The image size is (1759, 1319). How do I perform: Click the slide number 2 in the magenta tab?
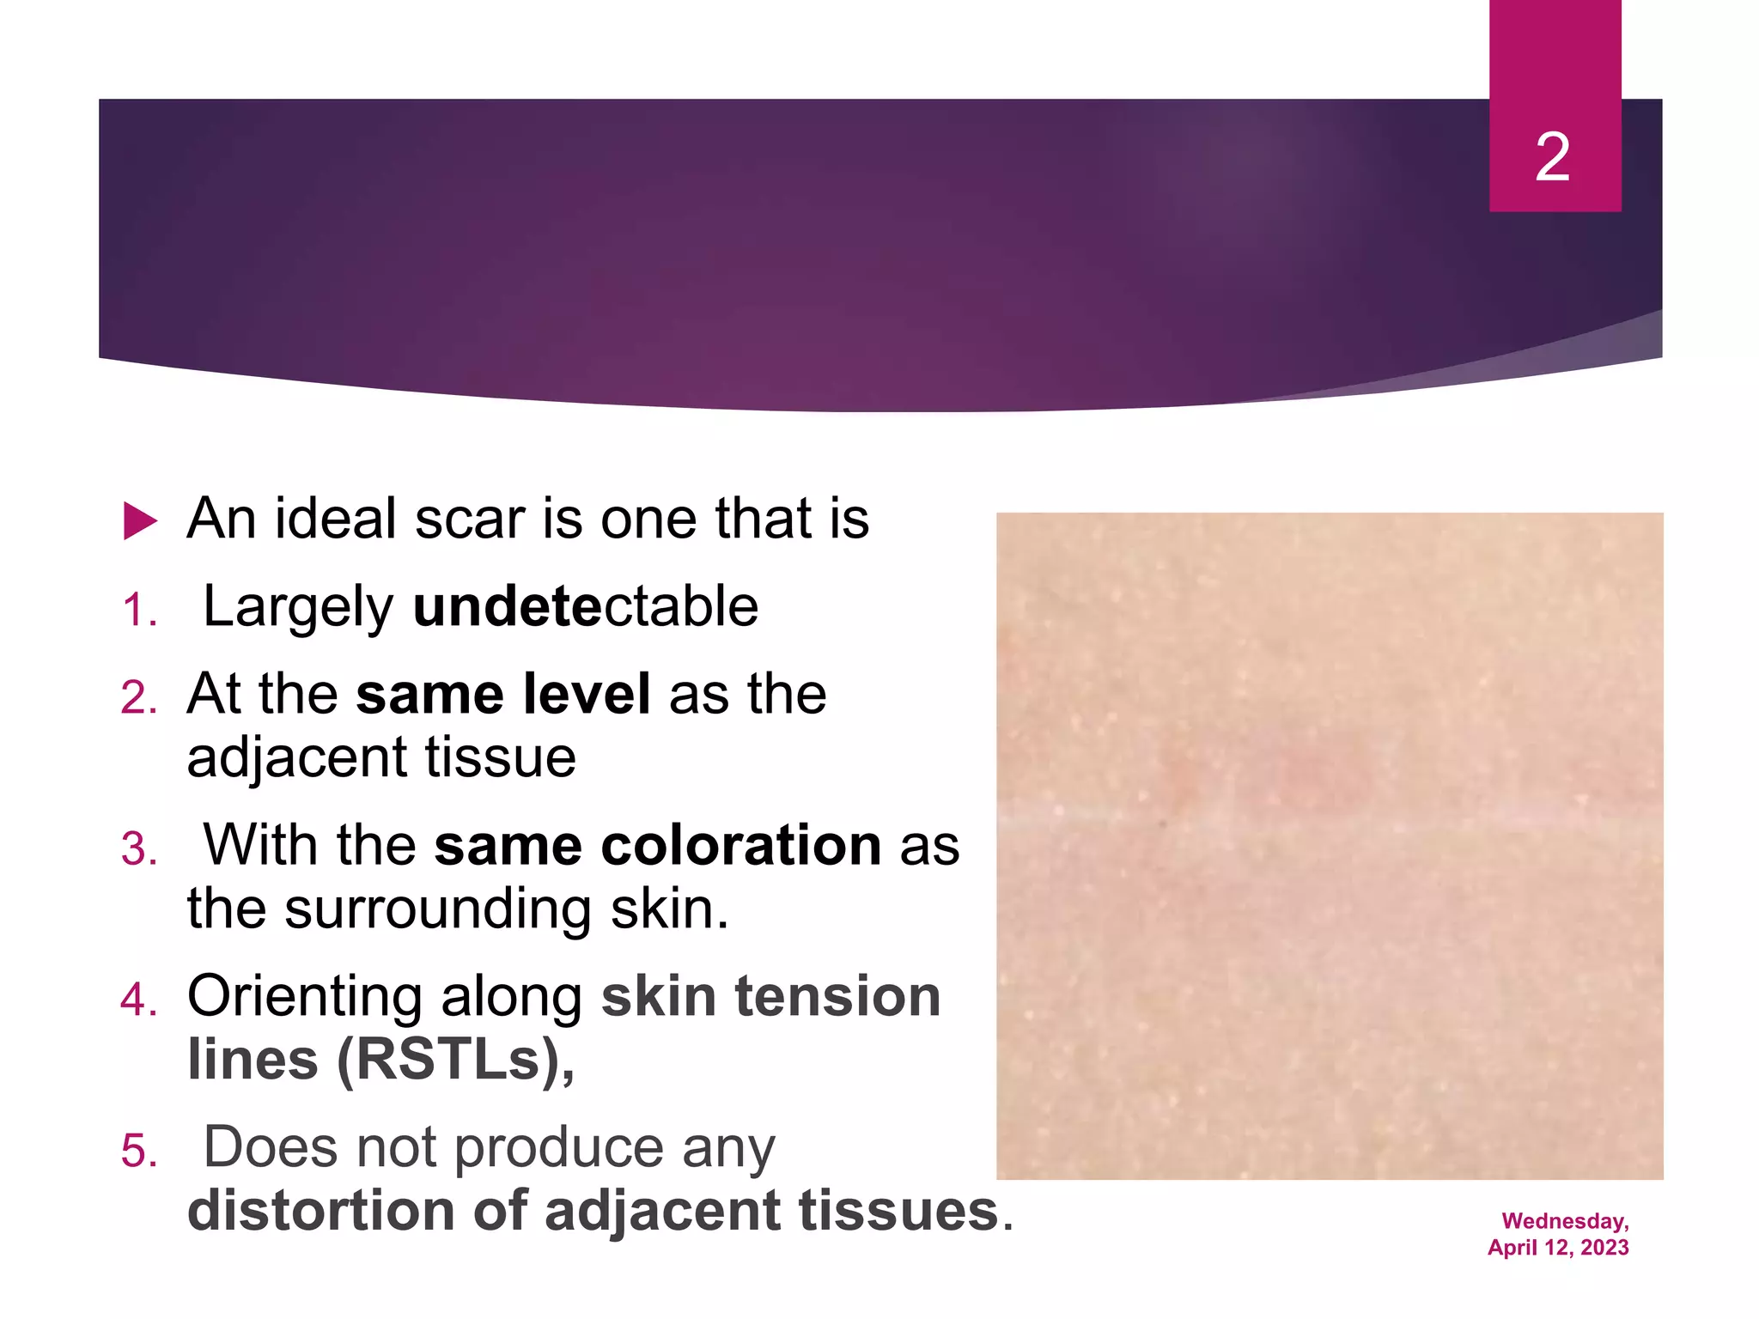tap(1553, 157)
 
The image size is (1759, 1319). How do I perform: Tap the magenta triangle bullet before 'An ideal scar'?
tap(140, 520)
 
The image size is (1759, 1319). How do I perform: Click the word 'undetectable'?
tap(586, 606)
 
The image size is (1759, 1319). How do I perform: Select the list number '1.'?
tap(139, 611)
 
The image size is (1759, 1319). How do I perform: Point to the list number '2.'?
tap(139, 697)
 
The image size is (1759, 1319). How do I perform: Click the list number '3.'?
tap(139, 848)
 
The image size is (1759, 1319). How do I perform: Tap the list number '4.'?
tap(139, 1000)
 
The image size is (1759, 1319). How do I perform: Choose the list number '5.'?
tap(139, 1151)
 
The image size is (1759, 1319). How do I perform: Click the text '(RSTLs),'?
tap(455, 1060)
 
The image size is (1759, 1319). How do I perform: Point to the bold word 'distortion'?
tap(320, 1211)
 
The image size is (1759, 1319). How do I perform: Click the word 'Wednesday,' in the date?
tap(1565, 1221)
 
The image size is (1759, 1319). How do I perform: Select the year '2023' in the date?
tap(1604, 1248)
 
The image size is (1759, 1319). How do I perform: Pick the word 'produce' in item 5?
tap(558, 1149)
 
